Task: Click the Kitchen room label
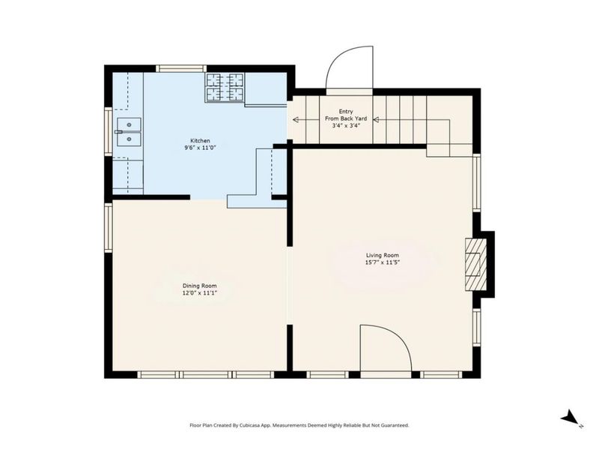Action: (200, 141)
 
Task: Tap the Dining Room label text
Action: (199, 286)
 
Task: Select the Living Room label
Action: (383, 255)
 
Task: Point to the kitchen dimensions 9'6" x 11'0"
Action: (200, 147)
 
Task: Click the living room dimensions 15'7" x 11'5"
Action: (383, 262)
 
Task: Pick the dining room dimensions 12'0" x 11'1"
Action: (199, 292)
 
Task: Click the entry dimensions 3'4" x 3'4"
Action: (346, 125)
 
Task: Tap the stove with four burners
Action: (225, 88)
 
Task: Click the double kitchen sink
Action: (129, 132)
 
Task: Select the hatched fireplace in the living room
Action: (475, 265)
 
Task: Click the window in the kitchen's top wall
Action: (181, 69)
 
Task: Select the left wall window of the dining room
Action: (109, 227)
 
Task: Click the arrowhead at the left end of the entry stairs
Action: (296, 120)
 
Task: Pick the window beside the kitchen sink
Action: (109, 132)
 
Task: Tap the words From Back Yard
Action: (346, 118)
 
